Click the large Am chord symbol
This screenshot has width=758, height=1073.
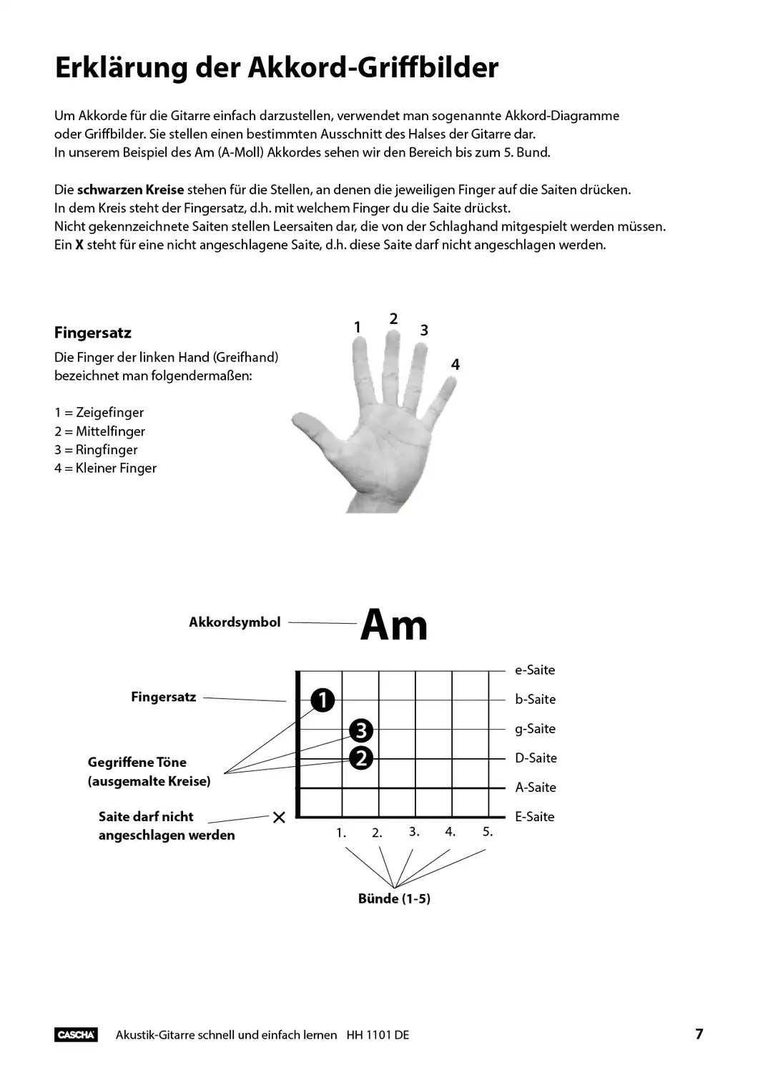coord(394,625)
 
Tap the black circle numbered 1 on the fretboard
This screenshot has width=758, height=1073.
coord(323,700)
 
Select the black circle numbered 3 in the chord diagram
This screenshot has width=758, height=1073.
coord(361,730)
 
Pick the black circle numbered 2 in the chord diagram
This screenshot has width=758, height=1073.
coord(361,758)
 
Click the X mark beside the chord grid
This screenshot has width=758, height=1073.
coord(279,817)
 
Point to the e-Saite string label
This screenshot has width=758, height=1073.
coord(535,670)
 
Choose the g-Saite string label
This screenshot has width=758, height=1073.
coord(535,729)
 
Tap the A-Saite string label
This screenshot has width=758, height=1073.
coord(536,788)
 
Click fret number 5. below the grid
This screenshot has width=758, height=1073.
coord(488,832)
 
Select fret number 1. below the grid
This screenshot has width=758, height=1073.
coord(341,833)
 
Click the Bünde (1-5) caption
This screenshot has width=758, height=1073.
coord(394,898)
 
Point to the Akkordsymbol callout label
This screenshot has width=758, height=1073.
coord(235,622)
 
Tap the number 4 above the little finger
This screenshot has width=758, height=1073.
coord(456,365)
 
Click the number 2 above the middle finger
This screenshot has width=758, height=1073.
coord(393,319)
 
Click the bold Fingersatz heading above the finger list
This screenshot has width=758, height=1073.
coord(93,333)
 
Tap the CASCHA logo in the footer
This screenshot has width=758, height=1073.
coord(76,1034)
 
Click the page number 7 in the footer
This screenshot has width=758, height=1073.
coord(699,1034)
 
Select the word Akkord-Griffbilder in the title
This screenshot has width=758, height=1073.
coord(373,68)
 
